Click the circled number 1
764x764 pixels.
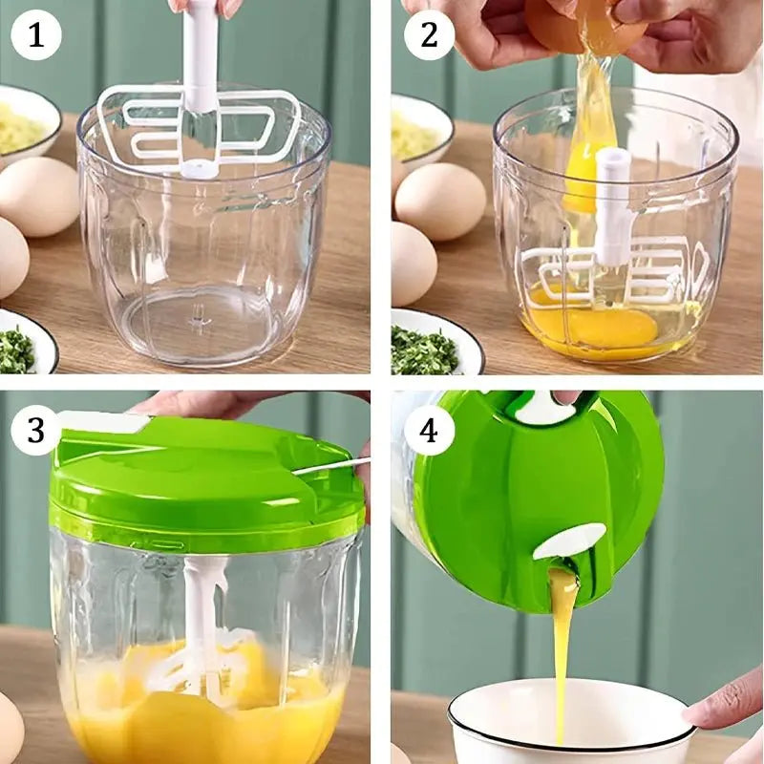(36, 35)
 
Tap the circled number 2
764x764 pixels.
(429, 35)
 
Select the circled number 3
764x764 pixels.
(36, 431)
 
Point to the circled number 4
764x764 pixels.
(429, 431)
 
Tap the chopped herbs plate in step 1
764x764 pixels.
(25, 344)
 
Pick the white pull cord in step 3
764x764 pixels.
(331, 466)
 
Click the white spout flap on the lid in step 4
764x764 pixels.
(569, 541)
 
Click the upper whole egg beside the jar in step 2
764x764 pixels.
(440, 202)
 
